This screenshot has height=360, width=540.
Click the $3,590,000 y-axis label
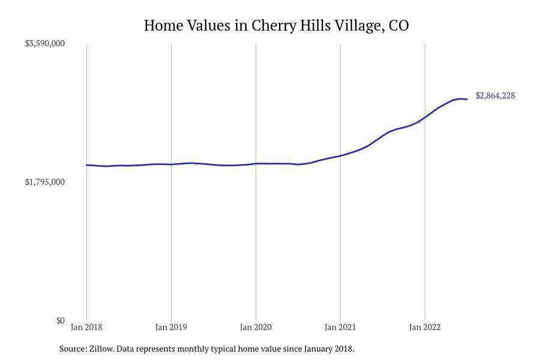[x=44, y=43]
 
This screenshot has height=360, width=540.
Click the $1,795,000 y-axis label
[x=44, y=182]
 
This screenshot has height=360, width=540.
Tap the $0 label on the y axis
[x=60, y=320]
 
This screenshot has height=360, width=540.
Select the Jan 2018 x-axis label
[x=86, y=327]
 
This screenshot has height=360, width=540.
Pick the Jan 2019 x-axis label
[x=171, y=327]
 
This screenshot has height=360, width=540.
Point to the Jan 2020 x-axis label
[x=256, y=327]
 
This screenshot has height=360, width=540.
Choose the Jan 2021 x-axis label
[x=340, y=327]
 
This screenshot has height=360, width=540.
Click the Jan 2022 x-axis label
[x=425, y=327]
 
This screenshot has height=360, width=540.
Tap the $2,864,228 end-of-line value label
[x=495, y=95]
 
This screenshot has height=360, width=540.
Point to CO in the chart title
[x=399, y=26]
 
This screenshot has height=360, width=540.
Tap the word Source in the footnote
[x=73, y=349]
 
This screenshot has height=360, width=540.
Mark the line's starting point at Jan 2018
[x=86, y=165]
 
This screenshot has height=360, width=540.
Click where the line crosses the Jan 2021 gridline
[x=340, y=156]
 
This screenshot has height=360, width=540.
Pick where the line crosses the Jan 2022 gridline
[x=425, y=117]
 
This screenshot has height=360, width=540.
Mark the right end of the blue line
[x=467, y=99]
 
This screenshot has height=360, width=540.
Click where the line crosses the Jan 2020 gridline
[x=256, y=163]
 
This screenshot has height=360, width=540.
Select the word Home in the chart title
[x=162, y=26]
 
